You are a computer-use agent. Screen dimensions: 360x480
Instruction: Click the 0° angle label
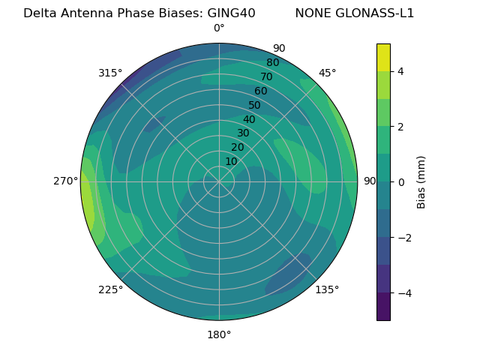tap(219, 28)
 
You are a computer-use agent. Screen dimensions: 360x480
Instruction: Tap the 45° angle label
tap(328, 73)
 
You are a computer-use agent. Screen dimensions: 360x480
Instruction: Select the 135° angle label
tap(327, 289)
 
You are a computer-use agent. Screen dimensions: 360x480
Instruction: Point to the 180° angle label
tap(219, 334)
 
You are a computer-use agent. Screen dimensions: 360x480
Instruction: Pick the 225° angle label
tap(110, 290)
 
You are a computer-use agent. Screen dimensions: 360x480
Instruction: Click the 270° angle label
tap(66, 181)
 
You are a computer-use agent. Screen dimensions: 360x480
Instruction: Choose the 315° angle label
tap(110, 73)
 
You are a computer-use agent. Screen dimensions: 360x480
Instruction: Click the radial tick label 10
tap(232, 161)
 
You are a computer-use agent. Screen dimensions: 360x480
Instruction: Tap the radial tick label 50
tap(255, 106)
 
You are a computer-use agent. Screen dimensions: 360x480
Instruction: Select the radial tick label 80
tap(273, 62)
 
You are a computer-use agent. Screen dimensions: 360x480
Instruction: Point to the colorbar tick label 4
tap(401, 71)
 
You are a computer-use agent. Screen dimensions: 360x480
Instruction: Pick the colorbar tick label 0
tap(401, 182)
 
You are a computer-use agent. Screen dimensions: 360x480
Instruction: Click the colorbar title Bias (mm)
tap(421, 182)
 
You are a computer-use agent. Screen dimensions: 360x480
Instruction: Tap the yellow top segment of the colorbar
tap(383, 58)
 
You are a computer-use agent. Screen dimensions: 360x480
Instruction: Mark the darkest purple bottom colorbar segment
tap(383, 307)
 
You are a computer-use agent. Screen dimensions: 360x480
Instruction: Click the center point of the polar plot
tap(219, 181)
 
